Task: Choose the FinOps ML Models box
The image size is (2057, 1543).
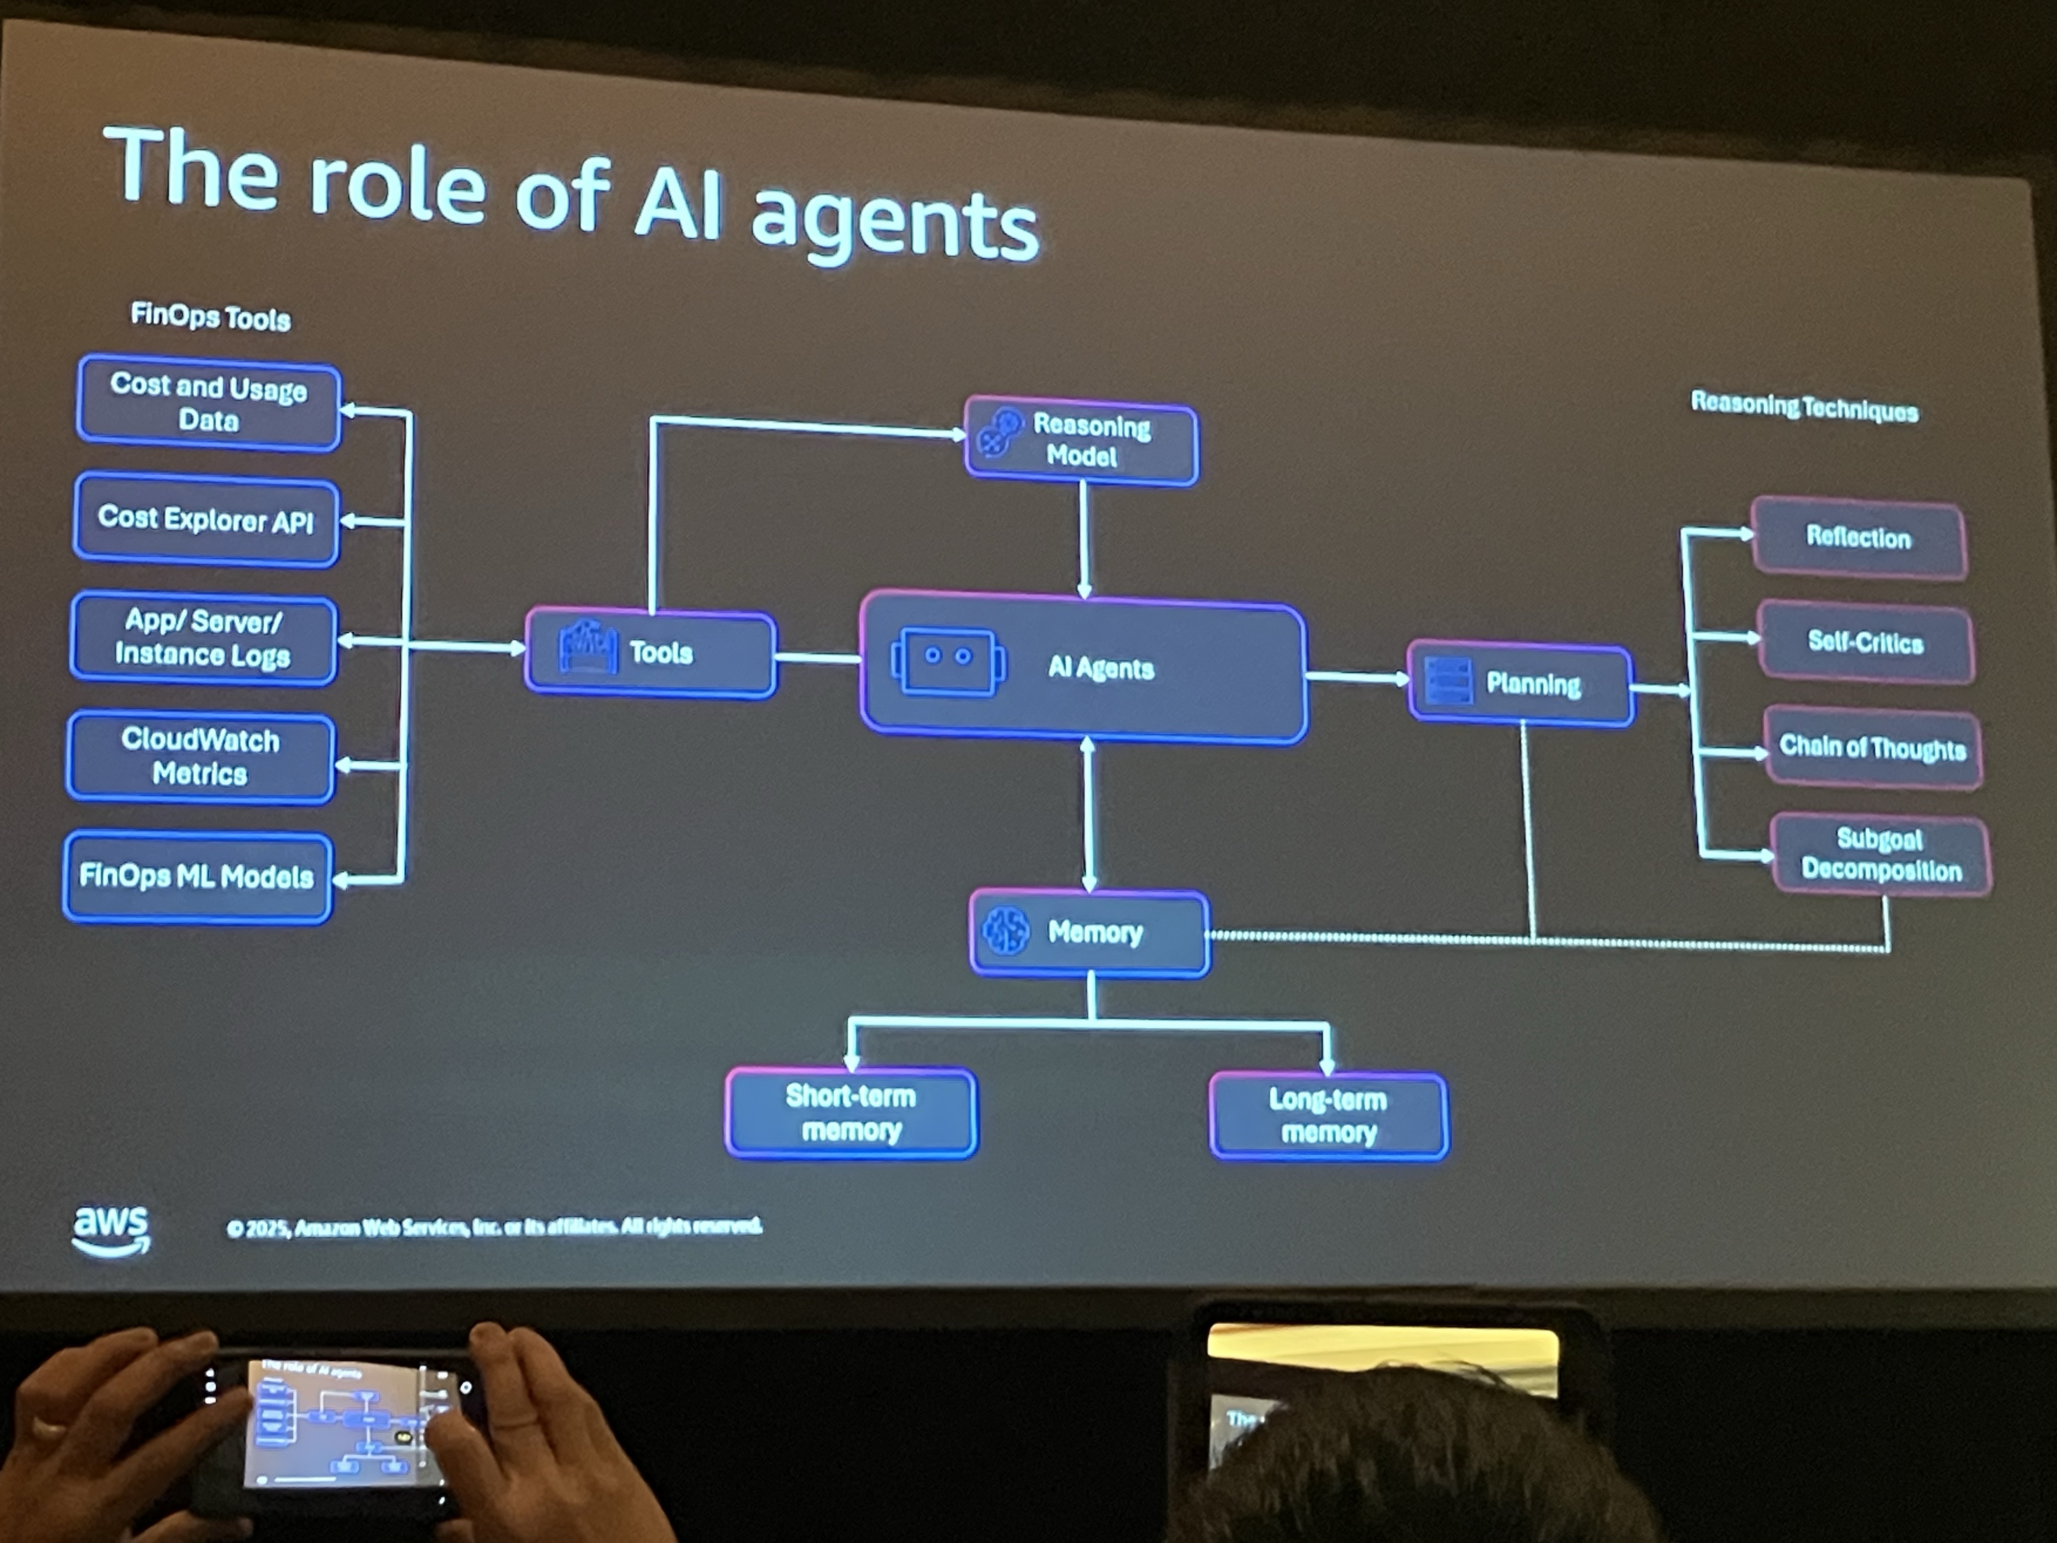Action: [197, 876]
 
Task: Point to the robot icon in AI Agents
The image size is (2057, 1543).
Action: [947, 660]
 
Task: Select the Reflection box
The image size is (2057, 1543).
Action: [1858, 538]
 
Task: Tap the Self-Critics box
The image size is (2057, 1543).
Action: [1866, 643]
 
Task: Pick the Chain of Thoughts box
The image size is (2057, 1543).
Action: [1872, 748]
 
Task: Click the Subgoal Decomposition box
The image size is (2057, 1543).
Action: [1880, 855]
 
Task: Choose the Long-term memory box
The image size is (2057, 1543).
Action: [1328, 1116]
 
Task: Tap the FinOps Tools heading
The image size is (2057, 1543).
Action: [210, 317]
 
